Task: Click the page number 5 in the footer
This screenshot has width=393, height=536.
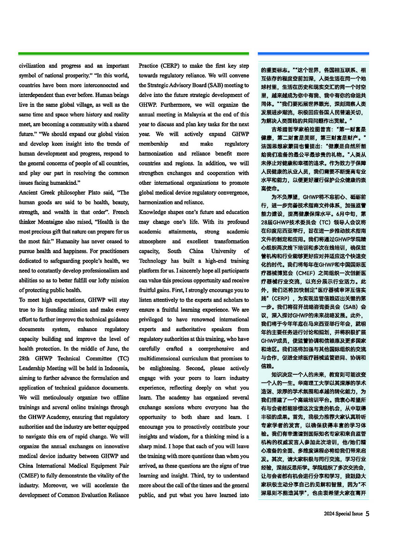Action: [367, 513]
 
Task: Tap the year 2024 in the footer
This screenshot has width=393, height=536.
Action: [330, 513]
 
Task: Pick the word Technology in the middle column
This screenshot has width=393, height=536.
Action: [155, 260]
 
